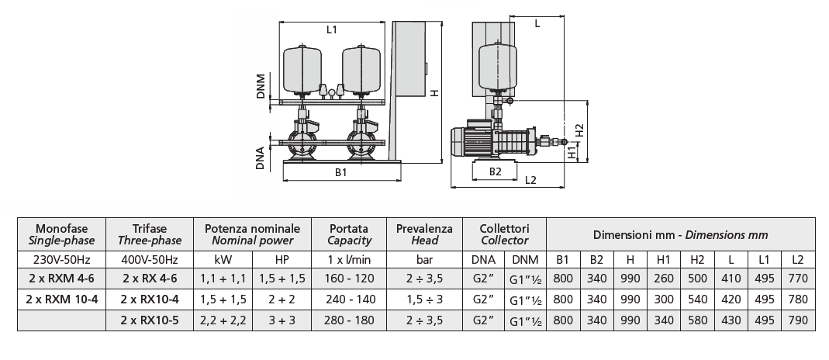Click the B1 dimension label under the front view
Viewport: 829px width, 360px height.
[340, 172]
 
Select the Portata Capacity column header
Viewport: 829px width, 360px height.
[348, 234]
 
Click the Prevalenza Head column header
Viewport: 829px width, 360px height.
[423, 234]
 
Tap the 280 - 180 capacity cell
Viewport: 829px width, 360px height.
[348, 318]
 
